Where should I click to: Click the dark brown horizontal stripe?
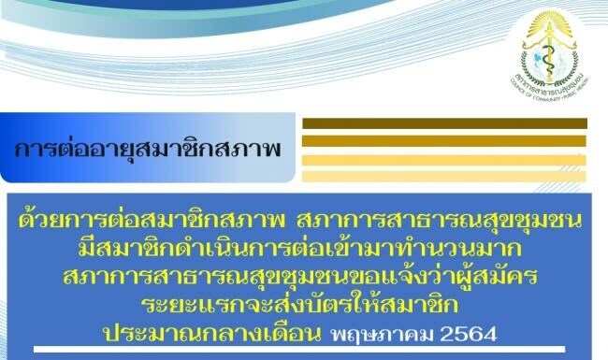coord(445,122)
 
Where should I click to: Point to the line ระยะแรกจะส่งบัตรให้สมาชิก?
coord(304,303)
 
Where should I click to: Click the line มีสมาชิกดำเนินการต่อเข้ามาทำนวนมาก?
coord(304,249)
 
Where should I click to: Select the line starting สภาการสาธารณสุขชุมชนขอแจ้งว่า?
coord(304,276)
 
